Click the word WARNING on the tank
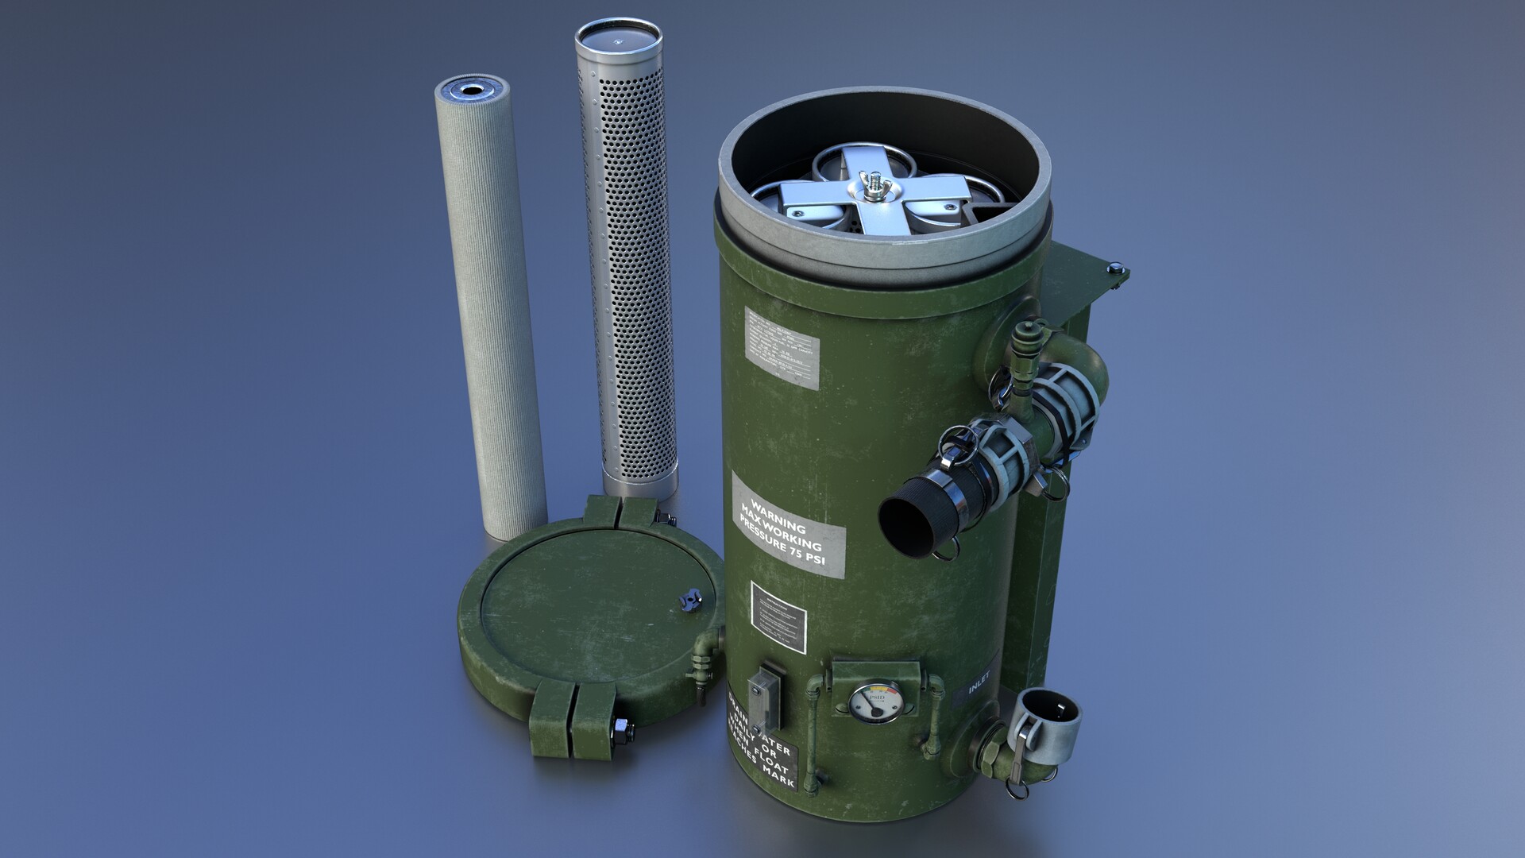[778, 516]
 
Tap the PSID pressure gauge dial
[875, 702]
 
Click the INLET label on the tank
[979, 682]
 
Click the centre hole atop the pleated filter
[472, 90]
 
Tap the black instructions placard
[778, 617]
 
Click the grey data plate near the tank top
[782, 347]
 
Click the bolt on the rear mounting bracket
[1115, 269]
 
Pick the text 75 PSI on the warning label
[804, 554]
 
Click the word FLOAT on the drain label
[771, 759]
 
